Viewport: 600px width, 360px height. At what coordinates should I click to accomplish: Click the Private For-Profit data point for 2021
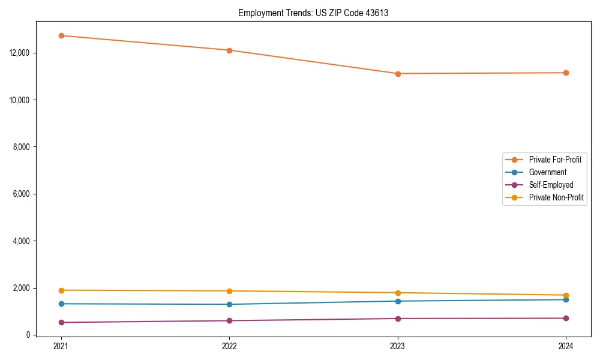coord(61,35)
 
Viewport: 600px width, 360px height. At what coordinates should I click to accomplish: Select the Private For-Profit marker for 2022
coord(229,50)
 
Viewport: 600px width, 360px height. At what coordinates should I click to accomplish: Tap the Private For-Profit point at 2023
coord(398,74)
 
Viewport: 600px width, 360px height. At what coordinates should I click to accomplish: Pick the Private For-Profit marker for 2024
coord(566,73)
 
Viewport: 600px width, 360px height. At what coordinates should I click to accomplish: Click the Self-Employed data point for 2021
coord(61,322)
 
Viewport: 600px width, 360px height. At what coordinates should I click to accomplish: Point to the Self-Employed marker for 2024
coord(566,318)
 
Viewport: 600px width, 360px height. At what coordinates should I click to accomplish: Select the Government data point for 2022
coord(229,304)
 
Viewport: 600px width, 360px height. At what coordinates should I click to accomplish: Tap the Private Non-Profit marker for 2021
coord(61,290)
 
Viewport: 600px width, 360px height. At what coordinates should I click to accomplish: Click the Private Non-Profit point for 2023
coord(398,293)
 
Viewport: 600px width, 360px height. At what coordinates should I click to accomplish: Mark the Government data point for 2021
coord(61,304)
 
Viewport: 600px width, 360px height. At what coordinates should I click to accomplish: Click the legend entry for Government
coord(547,172)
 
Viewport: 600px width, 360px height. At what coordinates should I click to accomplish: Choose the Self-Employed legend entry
coord(551,185)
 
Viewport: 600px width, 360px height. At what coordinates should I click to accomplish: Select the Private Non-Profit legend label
coord(556,197)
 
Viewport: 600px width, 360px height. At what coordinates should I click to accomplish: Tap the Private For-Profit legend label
coord(555,160)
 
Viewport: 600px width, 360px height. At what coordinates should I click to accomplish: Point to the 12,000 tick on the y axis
coord(21,53)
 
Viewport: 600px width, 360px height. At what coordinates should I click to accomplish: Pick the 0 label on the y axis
coord(28,335)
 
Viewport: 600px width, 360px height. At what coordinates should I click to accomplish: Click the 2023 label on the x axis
coord(398,346)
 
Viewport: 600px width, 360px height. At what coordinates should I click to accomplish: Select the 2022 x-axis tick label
coord(229,346)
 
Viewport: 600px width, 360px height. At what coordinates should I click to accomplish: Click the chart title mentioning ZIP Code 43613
coord(313,13)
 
